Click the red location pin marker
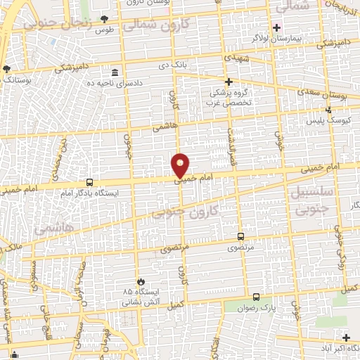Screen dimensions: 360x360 tap(181, 166)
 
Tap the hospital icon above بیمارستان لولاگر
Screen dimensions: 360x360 tap(277, 28)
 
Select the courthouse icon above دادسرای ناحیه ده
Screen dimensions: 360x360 tap(115, 72)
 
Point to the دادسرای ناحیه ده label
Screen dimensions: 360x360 tap(114, 83)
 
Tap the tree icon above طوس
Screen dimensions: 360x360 tap(105, 18)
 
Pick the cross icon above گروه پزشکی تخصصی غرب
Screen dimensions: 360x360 tap(228, 82)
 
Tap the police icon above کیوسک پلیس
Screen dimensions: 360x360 tap(329, 110)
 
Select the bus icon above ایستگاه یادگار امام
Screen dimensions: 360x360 tap(89, 181)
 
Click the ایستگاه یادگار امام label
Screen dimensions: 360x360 tap(89, 192)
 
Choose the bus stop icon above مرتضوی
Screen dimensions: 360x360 tap(241, 237)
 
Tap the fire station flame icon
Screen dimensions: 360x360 tap(141, 281)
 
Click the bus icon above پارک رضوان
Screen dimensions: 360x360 tap(256, 297)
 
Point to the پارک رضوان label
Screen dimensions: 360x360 tap(256, 308)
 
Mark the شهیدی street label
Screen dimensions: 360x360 tap(236, 58)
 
